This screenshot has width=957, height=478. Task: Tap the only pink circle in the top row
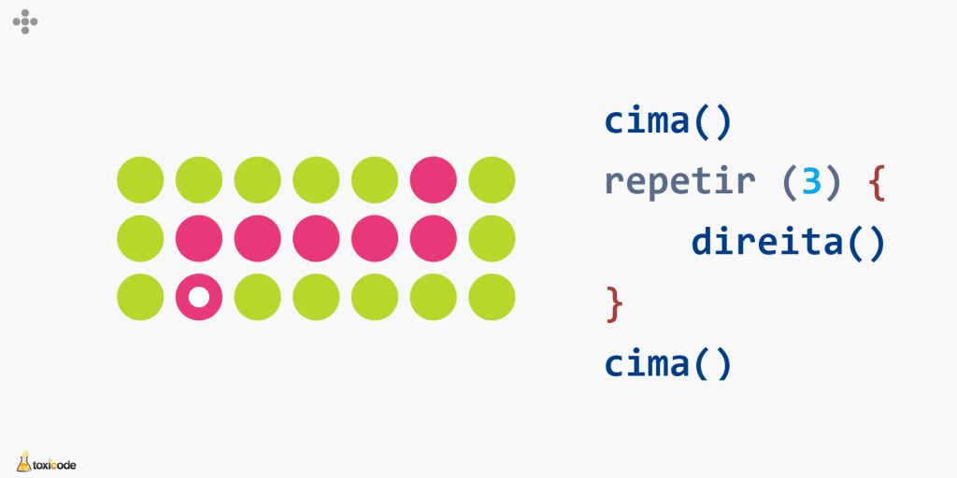click(x=434, y=180)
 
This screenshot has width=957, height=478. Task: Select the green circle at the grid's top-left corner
click(x=140, y=180)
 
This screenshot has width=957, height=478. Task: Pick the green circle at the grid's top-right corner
click(x=492, y=180)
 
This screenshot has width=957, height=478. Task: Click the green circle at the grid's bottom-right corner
click(x=492, y=297)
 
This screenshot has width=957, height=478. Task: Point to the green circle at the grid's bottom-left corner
click(x=140, y=297)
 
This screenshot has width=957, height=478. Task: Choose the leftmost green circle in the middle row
click(x=140, y=238)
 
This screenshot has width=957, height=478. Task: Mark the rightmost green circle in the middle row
click(x=492, y=238)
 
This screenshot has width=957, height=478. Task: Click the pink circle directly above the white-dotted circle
click(x=199, y=238)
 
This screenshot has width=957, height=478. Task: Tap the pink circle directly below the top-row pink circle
click(x=434, y=238)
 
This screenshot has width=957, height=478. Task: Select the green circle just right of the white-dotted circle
click(x=258, y=297)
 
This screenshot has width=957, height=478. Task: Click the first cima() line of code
click(x=667, y=122)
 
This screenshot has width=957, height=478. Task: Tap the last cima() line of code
click(x=667, y=364)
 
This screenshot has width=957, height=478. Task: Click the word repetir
click(x=680, y=183)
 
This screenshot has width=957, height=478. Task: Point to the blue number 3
click(x=812, y=182)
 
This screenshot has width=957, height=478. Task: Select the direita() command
click(x=788, y=244)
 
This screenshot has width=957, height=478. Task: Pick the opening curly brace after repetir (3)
click(x=876, y=184)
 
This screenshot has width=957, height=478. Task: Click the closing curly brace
click(x=615, y=304)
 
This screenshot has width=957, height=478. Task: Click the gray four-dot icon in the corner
click(x=25, y=22)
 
